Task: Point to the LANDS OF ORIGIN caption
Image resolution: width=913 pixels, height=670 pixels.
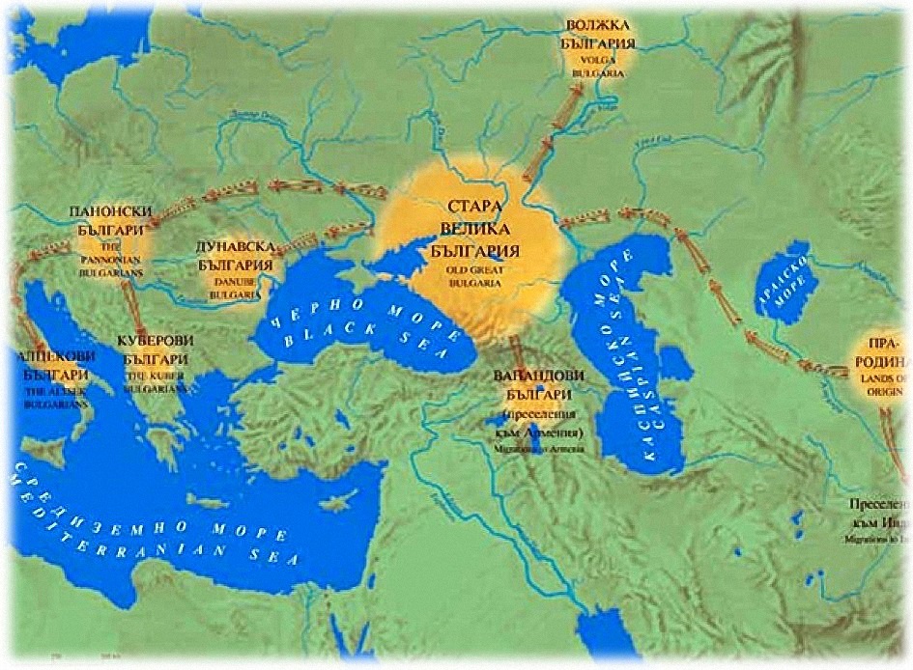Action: [884, 382]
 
